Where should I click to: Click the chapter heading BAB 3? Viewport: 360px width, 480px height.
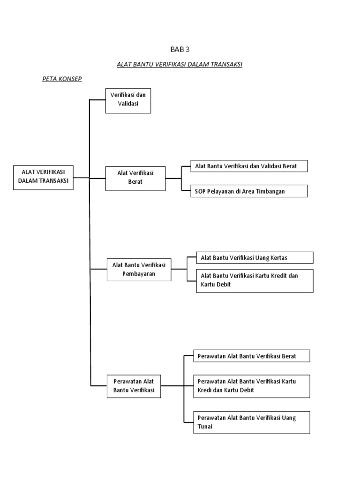[180, 49]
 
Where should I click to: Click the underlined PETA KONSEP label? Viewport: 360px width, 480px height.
[62, 79]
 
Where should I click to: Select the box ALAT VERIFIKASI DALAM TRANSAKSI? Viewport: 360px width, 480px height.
[43, 177]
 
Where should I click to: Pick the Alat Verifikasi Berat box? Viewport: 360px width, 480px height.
[135, 178]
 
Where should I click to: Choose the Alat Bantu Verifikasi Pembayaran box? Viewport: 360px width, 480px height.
[139, 269]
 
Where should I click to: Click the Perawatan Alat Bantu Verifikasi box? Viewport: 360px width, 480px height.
[134, 385]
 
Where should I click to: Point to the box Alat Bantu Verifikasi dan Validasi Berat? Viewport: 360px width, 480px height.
[249, 166]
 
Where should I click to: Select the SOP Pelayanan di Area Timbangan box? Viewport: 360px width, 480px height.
[249, 191]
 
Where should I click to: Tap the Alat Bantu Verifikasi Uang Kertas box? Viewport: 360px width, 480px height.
[255, 258]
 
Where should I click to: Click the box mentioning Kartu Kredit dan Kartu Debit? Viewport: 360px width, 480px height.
[255, 280]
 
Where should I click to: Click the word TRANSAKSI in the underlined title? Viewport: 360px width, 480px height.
[226, 64]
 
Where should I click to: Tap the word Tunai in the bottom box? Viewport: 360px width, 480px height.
[205, 427]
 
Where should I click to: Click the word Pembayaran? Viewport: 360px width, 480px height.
[139, 273]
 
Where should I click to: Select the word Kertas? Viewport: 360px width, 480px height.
[278, 258]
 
